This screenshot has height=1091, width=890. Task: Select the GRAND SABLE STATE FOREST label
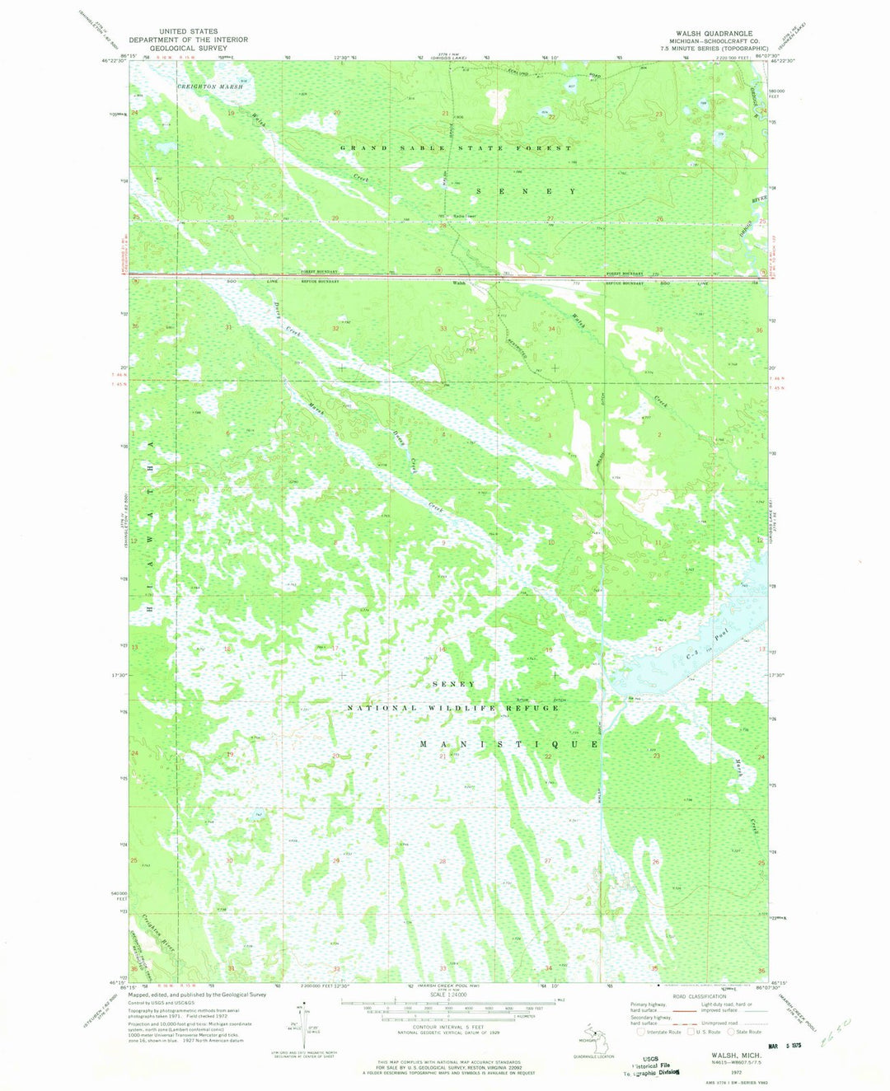pos(456,148)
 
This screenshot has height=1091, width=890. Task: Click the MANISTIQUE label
pos(509,744)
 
